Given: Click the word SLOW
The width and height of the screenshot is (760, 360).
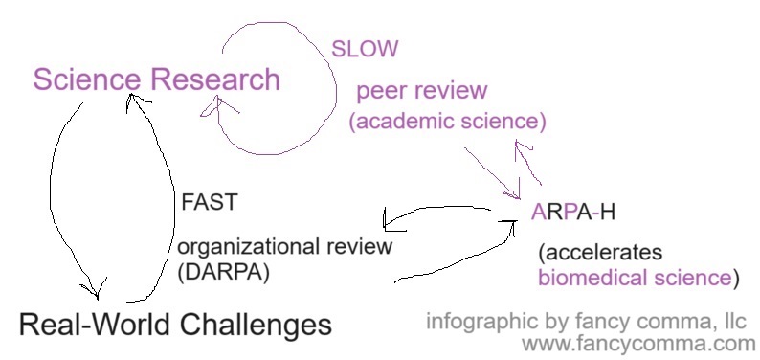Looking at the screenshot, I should pos(364,48).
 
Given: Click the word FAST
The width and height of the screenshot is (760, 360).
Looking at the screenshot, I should pos(209,203).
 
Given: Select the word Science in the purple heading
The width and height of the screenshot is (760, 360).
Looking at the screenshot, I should pos(87,79).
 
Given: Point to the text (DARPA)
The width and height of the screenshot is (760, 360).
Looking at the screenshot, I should pos(224,272).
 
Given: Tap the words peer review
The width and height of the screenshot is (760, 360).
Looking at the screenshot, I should pos(422,92).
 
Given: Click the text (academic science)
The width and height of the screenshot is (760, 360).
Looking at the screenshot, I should pos(447,123).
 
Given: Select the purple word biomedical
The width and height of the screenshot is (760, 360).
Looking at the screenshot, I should pos(588,279).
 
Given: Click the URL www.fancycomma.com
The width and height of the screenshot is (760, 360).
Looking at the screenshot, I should pos(638,343).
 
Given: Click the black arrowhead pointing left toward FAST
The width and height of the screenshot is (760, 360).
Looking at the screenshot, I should pos(388,221).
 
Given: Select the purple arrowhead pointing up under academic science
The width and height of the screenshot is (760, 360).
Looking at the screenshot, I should pos(523,148).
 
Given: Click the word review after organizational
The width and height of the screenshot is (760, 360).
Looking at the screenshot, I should pos(359,246).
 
